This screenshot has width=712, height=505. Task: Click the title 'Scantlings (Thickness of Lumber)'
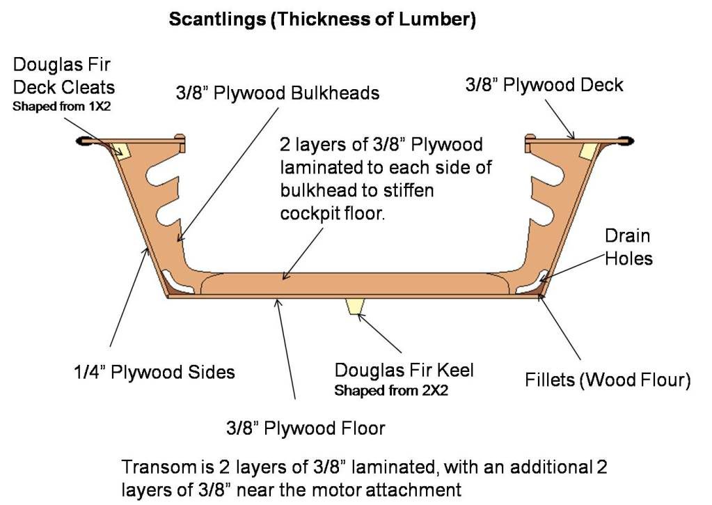(x=322, y=20)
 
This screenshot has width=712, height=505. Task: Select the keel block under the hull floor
(x=356, y=306)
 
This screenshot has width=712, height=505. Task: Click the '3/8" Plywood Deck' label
(x=544, y=85)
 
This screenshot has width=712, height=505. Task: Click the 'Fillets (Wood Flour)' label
(x=607, y=380)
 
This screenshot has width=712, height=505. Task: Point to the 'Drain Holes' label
(x=628, y=248)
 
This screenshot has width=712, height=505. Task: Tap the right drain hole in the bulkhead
(x=533, y=282)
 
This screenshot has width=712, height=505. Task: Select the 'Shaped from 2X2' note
(x=390, y=391)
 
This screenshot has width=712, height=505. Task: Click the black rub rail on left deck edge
(x=85, y=142)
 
